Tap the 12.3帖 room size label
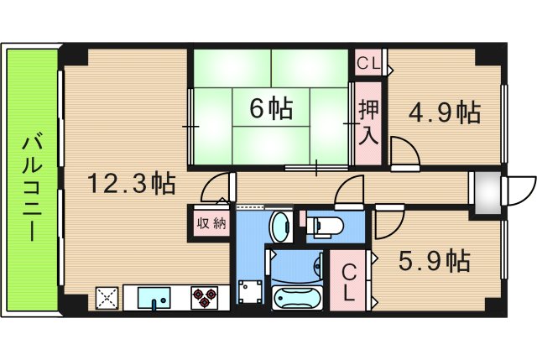pos(133,182)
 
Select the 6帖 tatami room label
pos(270,107)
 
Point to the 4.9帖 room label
pos(444,112)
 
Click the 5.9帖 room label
pos(433,261)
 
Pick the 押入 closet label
pos(368,121)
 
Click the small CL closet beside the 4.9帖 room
pos(369,63)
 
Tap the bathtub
pos(298,297)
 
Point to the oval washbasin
pos(280,227)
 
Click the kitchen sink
pos(152,297)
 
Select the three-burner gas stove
pos(205,297)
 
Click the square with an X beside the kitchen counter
pos(107,298)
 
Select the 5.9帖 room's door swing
pos(388,222)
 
